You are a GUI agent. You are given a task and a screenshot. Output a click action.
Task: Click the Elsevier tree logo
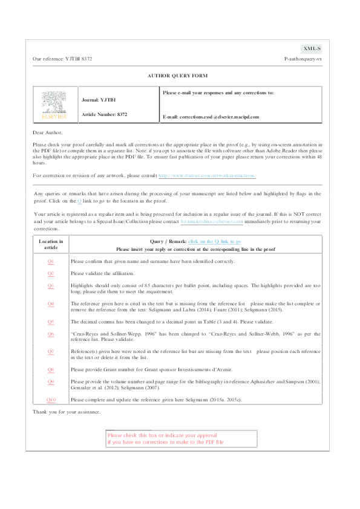[54, 105]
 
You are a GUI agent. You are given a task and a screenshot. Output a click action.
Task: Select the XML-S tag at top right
[312, 48]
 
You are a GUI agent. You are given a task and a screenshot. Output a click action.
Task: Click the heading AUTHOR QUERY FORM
[177, 76]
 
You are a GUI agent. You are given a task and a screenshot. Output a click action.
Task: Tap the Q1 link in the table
[51, 261]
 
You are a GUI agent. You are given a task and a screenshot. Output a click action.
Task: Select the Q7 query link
[51, 351]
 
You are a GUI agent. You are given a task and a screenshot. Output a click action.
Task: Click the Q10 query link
[51, 400]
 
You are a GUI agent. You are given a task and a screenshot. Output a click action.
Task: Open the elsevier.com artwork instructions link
[207, 175]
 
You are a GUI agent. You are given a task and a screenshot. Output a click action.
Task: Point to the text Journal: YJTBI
[99, 99]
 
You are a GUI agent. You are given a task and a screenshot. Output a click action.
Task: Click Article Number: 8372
[104, 114]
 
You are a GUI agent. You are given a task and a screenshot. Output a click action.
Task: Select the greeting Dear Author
[48, 132]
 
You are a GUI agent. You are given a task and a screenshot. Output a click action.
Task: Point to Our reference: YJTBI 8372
[62, 59]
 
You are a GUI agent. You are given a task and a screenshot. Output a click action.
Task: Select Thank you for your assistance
[66, 412]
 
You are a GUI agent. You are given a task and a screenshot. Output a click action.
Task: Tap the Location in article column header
[51, 244]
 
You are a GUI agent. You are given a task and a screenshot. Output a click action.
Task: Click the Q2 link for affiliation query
[51, 273]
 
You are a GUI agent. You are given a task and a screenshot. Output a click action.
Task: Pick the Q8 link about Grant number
[51, 369]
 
